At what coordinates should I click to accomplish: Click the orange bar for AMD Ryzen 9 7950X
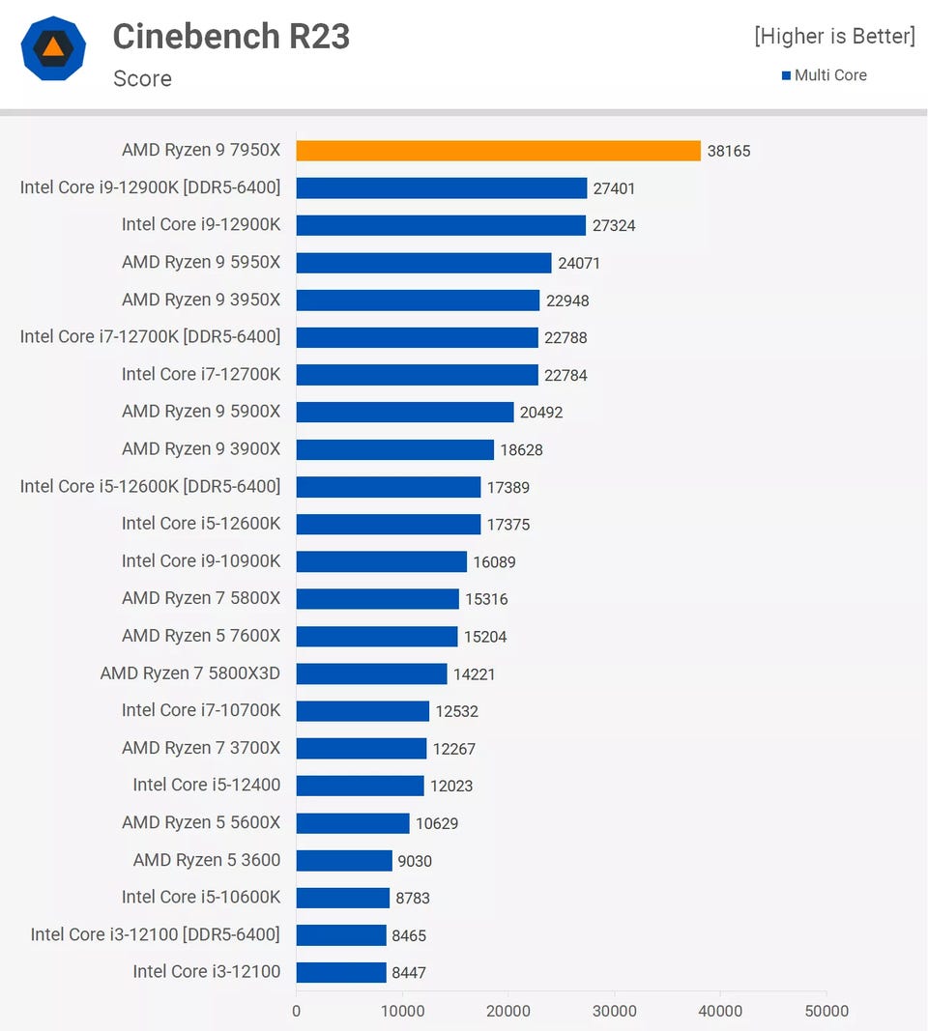[498, 151]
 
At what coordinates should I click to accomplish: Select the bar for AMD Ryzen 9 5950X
[423, 263]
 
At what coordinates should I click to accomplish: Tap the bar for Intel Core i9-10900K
[381, 561]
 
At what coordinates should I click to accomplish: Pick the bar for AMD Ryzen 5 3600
[343, 860]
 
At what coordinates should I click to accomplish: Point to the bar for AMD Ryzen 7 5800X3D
[371, 673]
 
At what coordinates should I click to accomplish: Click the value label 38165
[728, 151]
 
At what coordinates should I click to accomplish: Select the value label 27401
[614, 188]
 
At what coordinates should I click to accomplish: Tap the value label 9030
[415, 860]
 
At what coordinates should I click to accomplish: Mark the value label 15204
[485, 637]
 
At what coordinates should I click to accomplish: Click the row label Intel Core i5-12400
[206, 785]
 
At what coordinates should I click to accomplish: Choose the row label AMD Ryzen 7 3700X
[201, 748]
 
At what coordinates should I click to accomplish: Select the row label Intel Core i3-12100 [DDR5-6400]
[155, 934]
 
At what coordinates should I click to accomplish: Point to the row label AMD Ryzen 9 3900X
[201, 449]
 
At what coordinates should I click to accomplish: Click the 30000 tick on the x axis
[614, 1011]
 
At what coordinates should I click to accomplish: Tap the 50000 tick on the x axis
[826, 1011]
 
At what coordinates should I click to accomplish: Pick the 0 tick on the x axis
[296, 1011]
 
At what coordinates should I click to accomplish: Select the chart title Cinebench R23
[231, 37]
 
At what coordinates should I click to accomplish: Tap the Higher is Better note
[833, 37]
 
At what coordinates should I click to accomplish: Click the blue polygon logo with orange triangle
[54, 48]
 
